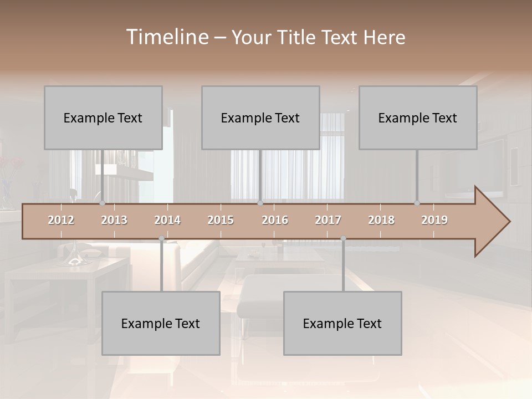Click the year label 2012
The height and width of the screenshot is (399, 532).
[61, 220]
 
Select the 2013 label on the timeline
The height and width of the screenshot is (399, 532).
[114, 220]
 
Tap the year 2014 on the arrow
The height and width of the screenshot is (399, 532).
[167, 220]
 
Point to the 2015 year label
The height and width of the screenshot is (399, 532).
[221, 220]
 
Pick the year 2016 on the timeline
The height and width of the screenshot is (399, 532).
[275, 220]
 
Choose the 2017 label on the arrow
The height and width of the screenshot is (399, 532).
[328, 220]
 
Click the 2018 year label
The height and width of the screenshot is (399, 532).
[381, 220]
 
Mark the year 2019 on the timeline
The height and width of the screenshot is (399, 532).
[434, 220]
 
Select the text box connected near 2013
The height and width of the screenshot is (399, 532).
[103, 118]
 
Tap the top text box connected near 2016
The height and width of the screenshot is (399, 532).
[260, 118]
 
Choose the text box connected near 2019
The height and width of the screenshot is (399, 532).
[418, 118]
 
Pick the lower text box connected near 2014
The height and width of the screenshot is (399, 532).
[161, 324]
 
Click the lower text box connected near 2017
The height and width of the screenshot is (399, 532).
[342, 324]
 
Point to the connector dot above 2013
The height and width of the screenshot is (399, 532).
[102, 203]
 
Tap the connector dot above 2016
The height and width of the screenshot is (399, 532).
[260, 203]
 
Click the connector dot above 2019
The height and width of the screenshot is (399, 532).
[417, 203]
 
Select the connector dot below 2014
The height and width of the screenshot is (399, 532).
[161, 238]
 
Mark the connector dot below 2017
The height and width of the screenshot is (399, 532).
[343, 238]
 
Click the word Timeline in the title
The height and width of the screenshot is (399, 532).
[166, 37]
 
